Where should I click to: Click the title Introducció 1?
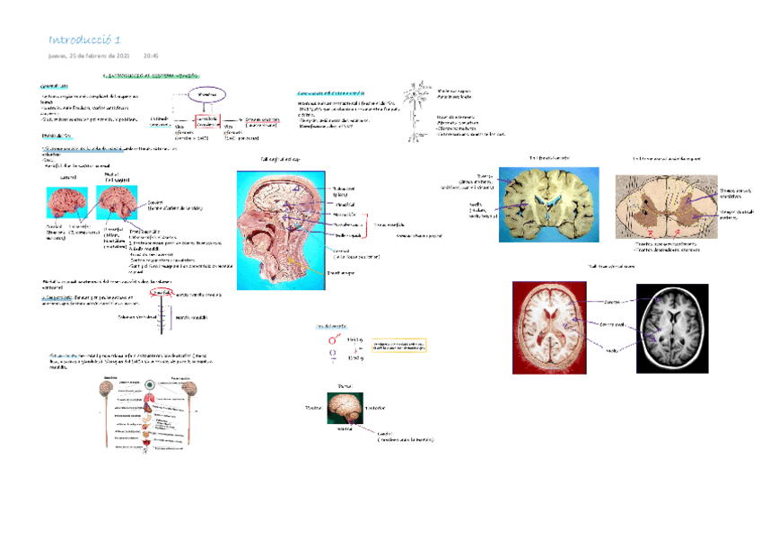85,40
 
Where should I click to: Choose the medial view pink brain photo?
118,205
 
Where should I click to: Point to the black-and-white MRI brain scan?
689,324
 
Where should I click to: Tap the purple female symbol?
333,357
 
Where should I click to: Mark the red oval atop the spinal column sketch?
162,292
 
